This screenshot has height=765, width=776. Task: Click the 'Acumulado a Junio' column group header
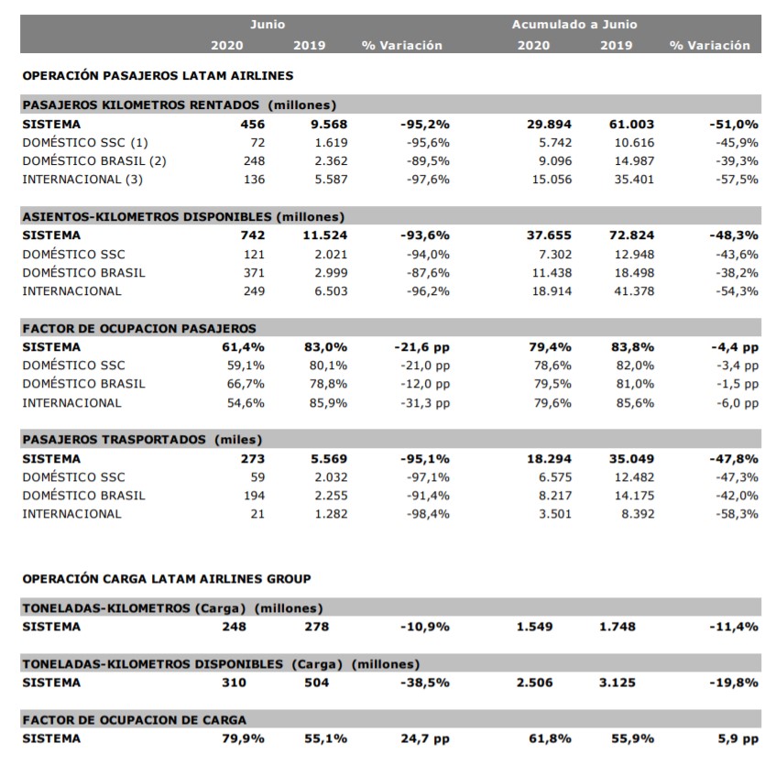[x=574, y=25]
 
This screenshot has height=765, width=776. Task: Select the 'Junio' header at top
[x=268, y=25]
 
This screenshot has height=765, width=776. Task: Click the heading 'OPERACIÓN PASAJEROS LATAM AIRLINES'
[x=158, y=76]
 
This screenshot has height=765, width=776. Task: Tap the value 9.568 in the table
[x=329, y=125]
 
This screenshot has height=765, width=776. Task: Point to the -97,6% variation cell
[x=428, y=180]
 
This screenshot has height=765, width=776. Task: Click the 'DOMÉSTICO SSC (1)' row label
[x=85, y=143]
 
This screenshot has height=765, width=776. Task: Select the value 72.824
[x=631, y=235]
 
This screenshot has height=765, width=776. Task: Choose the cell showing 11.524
[x=325, y=235]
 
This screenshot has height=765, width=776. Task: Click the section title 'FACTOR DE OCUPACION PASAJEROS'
[x=139, y=329]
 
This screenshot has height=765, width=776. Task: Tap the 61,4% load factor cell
[x=243, y=347]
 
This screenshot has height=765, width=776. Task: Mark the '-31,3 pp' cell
[x=425, y=403]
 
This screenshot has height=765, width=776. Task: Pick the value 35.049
[x=631, y=459]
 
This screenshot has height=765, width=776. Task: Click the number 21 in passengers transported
[x=257, y=514]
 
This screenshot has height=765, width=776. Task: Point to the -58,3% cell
[x=737, y=514]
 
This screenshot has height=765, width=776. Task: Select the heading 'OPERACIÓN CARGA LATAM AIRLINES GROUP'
[x=167, y=579]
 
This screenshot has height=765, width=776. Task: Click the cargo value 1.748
[x=618, y=627]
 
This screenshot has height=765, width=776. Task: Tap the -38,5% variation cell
[x=425, y=683]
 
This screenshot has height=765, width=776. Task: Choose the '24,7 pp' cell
[x=425, y=738]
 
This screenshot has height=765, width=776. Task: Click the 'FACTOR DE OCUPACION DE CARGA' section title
[x=134, y=720]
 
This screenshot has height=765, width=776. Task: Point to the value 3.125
[x=618, y=683]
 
